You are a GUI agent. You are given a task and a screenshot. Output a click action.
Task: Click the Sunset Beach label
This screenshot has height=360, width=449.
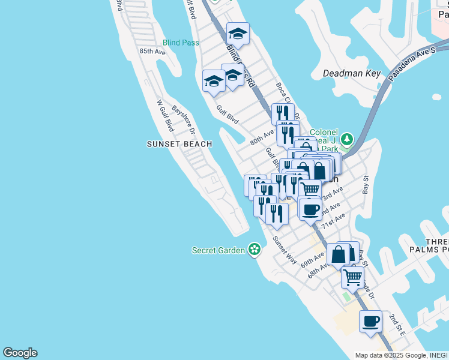[x=179, y=144]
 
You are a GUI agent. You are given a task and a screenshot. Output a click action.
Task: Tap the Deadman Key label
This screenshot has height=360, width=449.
[x=352, y=73]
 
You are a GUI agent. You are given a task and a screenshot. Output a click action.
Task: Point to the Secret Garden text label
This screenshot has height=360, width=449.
[x=218, y=250]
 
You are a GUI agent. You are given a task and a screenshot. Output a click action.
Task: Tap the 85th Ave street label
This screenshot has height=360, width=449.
[x=152, y=52]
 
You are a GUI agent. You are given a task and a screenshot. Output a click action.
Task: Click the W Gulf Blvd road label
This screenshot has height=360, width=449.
[x=165, y=116]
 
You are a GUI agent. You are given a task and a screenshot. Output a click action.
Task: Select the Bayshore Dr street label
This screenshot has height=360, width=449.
[x=184, y=120]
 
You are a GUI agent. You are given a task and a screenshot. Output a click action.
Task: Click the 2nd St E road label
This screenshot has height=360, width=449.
[x=397, y=324]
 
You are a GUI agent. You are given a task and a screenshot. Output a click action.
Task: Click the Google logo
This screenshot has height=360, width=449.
[x=20, y=353]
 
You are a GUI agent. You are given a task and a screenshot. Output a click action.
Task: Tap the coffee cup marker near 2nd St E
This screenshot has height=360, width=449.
[x=370, y=322]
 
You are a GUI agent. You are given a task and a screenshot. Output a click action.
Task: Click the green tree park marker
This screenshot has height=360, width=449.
[x=346, y=140]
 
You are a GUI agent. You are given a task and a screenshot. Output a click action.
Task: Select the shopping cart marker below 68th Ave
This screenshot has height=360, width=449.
[x=352, y=277]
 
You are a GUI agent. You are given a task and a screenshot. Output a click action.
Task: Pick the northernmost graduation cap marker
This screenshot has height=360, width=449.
[x=238, y=34]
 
